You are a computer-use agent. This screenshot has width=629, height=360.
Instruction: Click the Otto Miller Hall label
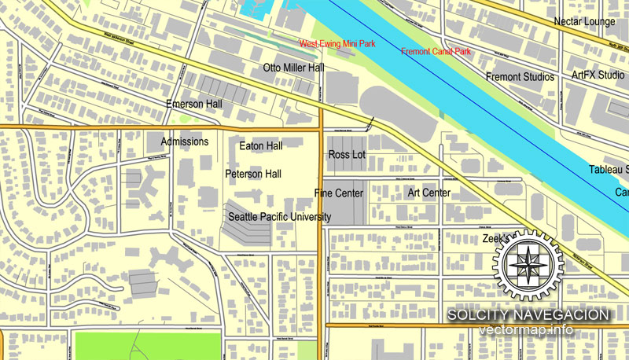(x=293, y=68)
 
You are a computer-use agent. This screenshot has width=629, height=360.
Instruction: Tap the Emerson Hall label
(x=194, y=104)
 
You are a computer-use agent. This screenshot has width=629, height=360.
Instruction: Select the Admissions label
(x=185, y=141)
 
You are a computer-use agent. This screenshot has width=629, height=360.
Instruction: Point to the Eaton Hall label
(x=260, y=145)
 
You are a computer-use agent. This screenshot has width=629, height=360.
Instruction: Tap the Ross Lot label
(x=347, y=155)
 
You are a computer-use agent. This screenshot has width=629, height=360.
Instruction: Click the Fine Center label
(x=339, y=193)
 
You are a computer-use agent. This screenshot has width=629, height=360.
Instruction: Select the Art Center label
(x=429, y=193)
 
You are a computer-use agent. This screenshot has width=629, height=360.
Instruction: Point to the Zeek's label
(x=496, y=237)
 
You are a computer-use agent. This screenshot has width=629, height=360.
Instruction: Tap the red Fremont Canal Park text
(x=436, y=52)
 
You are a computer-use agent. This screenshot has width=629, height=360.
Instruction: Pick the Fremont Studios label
(x=520, y=77)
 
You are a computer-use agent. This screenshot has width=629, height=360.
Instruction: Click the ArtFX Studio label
(x=598, y=75)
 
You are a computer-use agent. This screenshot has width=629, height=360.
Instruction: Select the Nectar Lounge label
(x=584, y=22)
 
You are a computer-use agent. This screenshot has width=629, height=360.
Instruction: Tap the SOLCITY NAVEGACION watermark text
(x=528, y=314)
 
